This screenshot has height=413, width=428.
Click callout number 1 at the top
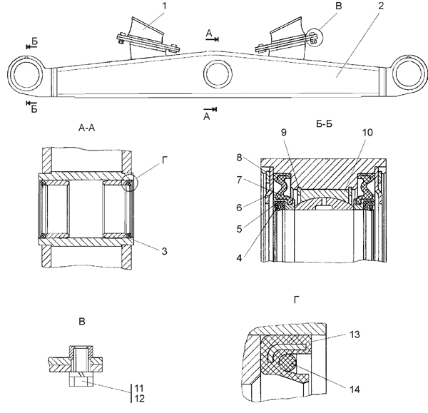click(x=164, y=6)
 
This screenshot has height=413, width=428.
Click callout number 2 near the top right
click(x=381, y=6)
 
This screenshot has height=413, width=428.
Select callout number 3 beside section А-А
click(x=164, y=251)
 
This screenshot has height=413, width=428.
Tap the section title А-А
click(x=86, y=128)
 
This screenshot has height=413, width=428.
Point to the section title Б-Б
click(x=325, y=124)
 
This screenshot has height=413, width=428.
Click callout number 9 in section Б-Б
click(x=284, y=133)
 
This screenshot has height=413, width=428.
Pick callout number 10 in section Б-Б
click(x=367, y=133)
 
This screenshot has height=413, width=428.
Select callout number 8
click(x=239, y=158)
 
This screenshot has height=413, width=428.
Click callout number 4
click(x=239, y=258)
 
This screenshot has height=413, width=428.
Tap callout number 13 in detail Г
click(x=355, y=335)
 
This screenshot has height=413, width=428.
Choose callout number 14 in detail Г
click(x=355, y=389)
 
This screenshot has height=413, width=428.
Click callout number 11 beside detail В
click(x=139, y=388)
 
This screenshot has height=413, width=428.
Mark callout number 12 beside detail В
click(x=139, y=399)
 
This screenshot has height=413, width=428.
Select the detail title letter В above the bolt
click(x=82, y=322)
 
